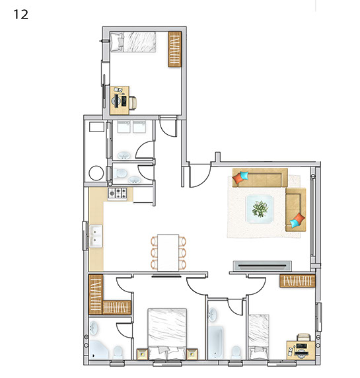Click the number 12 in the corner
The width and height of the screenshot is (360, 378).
pyautogui.click(x=20, y=15)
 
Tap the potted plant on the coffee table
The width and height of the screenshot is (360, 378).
pyautogui.click(x=260, y=209)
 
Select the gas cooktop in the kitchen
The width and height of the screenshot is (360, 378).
pyautogui.click(x=118, y=194)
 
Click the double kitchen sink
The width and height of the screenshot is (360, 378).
pyautogui.click(x=96, y=236)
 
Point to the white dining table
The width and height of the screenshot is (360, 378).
pyautogui.click(x=168, y=252)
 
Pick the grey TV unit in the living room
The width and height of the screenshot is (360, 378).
pyautogui.click(x=262, y=266)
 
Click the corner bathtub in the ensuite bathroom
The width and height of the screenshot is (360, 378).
pyautogui.click(x=98, y=350)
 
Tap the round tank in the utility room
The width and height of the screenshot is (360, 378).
pyautogui.click(x=96, y=172)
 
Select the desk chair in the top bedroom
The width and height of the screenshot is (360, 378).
pyautogui.click(x=133, y=102)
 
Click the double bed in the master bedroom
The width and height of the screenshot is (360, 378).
pyautogui.click(x=167, y=334)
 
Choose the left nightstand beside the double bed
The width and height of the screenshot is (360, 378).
pyautogui.click(x=142, y=354)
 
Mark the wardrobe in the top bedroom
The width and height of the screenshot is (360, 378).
pyautogui.click(x=174, y=49)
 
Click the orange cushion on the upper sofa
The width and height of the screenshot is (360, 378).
pyautogui.click(x=238, y=178)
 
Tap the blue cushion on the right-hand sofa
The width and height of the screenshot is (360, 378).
pyautogui.click(x=295, y=223)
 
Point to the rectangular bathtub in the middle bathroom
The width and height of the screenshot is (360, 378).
pyautogui.click(x=215, y=342)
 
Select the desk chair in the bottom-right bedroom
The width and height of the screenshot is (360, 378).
pyautogui.click(x=303, y=337)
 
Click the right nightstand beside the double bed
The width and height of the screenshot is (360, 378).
pyautogui.click(x=192, y=354)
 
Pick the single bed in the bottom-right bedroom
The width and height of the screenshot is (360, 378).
pyautogui.click(x=259, y=337)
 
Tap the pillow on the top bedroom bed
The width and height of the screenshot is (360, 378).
pyautogui.click(x=117, y=42)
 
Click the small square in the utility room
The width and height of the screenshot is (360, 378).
pyautogui.click(x=96, y=127)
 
